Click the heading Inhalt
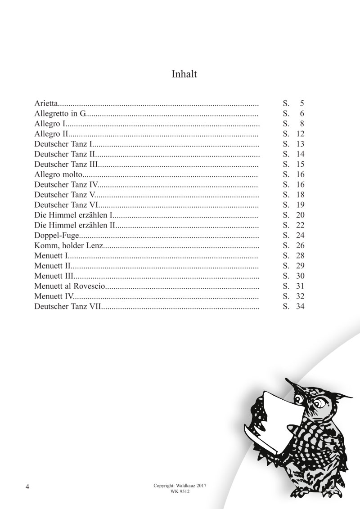pyautogui.click(x=184, y=74)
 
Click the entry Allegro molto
pyautogui.click(x=57, y=174)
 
